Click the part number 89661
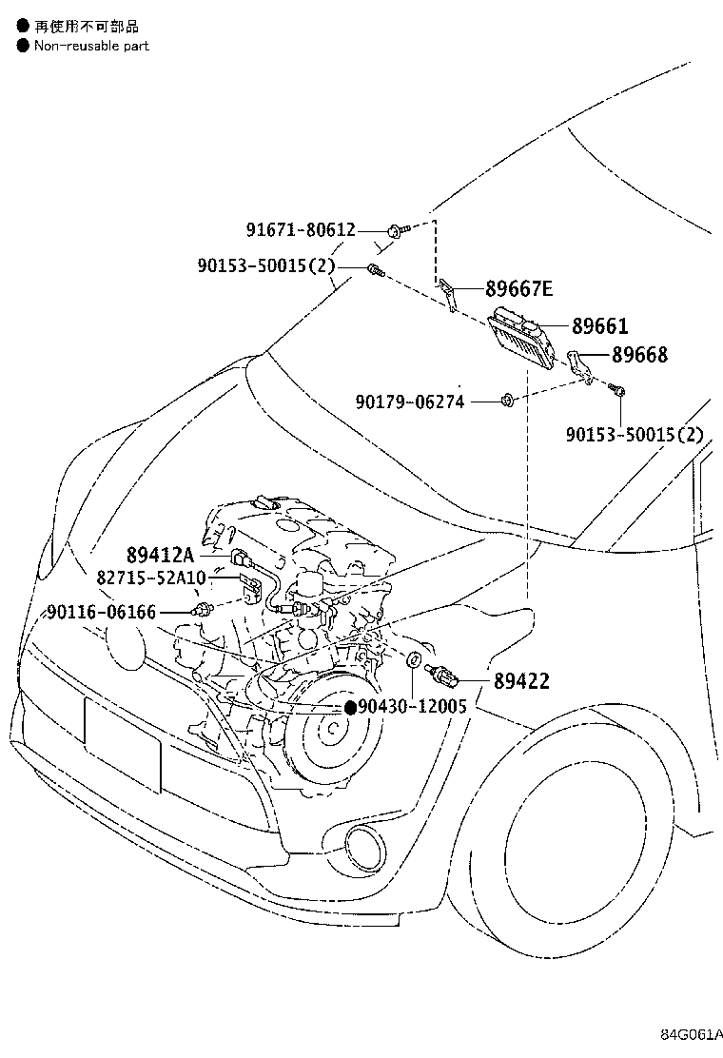599,326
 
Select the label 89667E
518,289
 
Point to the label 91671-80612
301,229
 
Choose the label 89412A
159,555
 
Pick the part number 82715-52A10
151,577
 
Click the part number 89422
520,681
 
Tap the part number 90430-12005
412,707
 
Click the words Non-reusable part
91,45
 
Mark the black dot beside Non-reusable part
23,45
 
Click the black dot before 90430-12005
349,707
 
